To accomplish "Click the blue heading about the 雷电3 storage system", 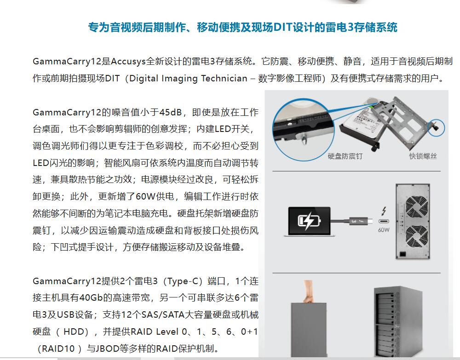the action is pyautogui.click(x=242, y=27).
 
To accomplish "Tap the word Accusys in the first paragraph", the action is pyautogui.click(x=128, y=62).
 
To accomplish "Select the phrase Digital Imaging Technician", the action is pyautogui.click(x=188, y=79).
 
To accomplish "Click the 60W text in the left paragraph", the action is pyautogui.click(x=145, y=196).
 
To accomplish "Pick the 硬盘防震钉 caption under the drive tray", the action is pyautogui.click(x=345, y=156).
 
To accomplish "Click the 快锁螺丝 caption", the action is pyautogui.click(x=423, y=156).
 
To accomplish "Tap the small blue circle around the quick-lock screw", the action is pyautogui.click(x=436, y=128).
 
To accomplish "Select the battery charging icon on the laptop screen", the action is pyautogui.click(x=309, y=221).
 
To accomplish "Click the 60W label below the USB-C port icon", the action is pyautogui.click(x=384, y=230).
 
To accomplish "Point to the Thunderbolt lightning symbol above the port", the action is pyautogui.click(x=384, y=211).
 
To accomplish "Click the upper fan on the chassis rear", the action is pyautogui.click(x=416, y=207).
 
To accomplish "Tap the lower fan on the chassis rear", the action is pyautogui.click(x=417, y=236).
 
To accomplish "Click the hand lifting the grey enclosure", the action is pyautogui.click(x=308, y=291).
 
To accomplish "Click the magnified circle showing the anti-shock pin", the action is pyautogui.click(x=303, y=130).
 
